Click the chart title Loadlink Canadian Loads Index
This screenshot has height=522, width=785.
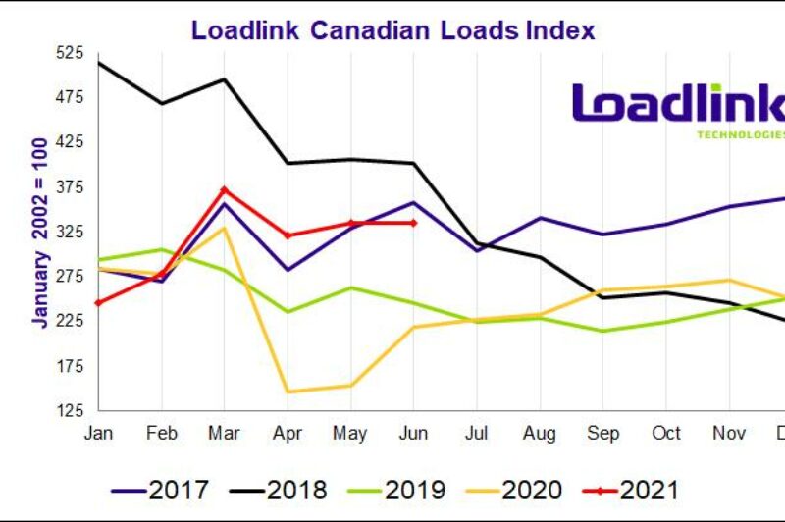coord(392,29)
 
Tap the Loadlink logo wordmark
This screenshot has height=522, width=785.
coord(678,105)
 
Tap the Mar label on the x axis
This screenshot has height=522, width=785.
coord(225,433)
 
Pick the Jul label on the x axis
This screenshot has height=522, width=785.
coord(477,433)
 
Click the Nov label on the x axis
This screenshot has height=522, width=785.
coord(728,433)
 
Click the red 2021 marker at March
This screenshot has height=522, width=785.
coord(225,189)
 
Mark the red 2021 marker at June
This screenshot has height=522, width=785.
coord(413,223)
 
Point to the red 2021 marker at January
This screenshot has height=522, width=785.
coord(99,302)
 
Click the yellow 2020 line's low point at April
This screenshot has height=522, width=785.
coord(288,391)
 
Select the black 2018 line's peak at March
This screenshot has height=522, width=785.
coord(225,79)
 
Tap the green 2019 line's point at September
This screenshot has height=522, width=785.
coord(602,331)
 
